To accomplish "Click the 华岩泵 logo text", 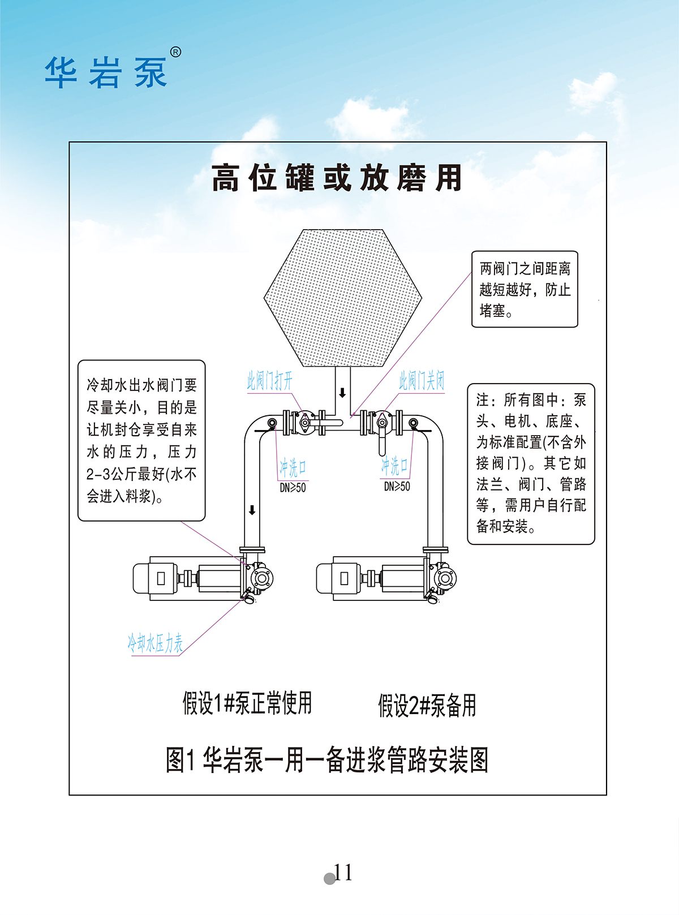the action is tap(106, 72).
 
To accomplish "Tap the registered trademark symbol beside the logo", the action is tap(176, 52).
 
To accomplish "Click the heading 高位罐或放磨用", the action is tap(337, 178).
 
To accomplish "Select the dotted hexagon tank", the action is tap(343, 298).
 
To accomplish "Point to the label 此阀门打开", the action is tap(270, 380).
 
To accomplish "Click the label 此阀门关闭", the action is tap(422, 380).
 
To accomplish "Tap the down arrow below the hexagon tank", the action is tap(342, 393).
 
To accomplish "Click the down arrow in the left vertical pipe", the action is tap(252, 510).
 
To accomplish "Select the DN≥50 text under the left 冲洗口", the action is tap(293, 488).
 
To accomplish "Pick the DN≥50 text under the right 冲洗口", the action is tap(397, 487).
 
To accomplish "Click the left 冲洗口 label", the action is tap(293, 467).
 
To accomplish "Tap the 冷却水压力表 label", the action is tap(155, 643).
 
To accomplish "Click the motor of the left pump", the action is tap(154, 578).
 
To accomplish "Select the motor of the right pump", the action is tap(338, 578).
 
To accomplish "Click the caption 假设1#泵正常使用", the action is tap(247, 703).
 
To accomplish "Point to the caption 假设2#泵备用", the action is tap(427, 706).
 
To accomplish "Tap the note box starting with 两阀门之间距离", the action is tap(525, 289).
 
